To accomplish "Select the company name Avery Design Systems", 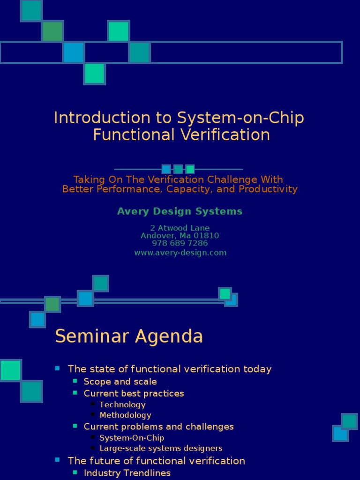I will tap(180, 211).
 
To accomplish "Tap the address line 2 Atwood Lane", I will tap(180, 228).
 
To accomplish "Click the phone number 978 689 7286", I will tap(180, 244).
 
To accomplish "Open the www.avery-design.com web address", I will tap(180, 253).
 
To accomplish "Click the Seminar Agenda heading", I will tap(129, 336).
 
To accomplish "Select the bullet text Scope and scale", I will tap(120, 382).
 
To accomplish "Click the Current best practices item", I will tap(134, 393).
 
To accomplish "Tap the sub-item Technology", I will tap(122, 405).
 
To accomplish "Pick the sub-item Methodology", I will tap(125, 415).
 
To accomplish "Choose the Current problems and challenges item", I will tap(158, 427).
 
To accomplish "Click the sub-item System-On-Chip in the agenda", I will tap(132, 438).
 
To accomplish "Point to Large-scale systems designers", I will tap(161, 448).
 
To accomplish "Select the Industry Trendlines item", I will tap(127, 472).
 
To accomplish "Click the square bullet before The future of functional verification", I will tap(58, 460).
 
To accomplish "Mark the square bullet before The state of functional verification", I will tap(58, 368).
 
